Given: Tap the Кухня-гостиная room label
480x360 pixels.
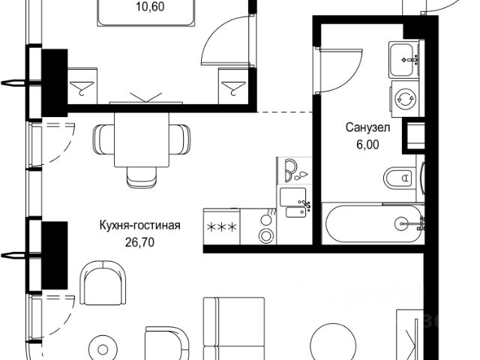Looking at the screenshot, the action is click(139, 224).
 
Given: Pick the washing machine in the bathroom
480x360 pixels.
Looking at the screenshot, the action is click(406, 99).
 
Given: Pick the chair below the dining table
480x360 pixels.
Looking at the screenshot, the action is click(142, 174).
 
